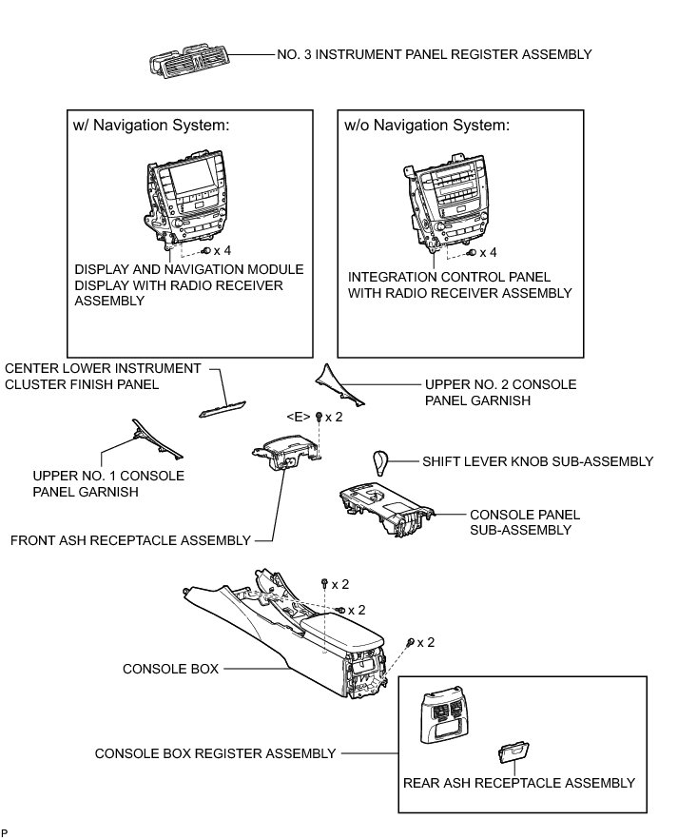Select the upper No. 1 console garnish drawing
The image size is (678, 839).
(157, 439)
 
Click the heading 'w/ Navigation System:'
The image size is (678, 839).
(151, 126)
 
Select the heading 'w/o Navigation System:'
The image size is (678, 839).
(427, 126)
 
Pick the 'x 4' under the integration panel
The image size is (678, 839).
(488, 252)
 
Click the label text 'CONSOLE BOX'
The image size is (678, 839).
(170, 669)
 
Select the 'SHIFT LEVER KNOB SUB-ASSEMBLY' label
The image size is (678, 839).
(537, 461)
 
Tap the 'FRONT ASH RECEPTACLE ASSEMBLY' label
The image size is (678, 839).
(130, 540)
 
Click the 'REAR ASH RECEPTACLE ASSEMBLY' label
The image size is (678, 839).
(519, 783)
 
